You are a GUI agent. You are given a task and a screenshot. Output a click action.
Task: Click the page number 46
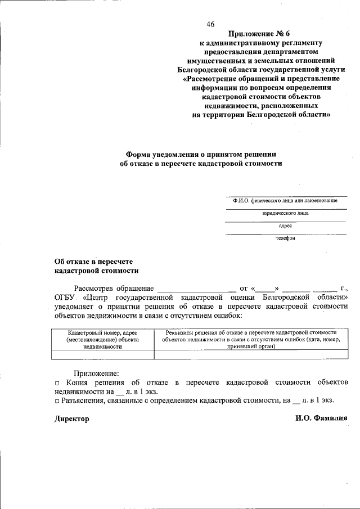click(210, 24)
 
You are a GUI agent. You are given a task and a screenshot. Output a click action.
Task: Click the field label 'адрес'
click(285, 226)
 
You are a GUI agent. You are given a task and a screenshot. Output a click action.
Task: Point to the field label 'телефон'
click(285, 238)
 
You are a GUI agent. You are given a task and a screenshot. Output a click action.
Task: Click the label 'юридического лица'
click(285, 214)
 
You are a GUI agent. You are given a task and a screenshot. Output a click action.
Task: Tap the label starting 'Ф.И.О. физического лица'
click(285, 201)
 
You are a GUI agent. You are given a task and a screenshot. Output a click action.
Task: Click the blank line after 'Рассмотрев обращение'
click(197, 289)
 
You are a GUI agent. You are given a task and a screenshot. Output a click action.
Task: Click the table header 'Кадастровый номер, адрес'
click(102, 334)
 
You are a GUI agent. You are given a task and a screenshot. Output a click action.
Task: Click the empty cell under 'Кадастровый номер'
click(102, 354)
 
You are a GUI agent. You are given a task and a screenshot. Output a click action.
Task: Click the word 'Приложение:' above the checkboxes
click(96, 373)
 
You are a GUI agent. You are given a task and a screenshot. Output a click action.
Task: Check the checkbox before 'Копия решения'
click(57, 383)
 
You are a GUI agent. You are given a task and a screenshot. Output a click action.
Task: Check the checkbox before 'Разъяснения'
click(57, 401)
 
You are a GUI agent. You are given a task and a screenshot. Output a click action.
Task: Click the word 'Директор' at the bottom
click(71, 419)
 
